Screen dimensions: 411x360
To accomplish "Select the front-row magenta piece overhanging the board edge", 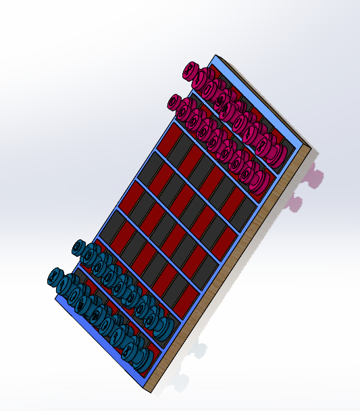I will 177,103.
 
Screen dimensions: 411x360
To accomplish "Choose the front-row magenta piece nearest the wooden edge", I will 259,180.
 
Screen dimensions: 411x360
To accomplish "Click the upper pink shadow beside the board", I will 314,177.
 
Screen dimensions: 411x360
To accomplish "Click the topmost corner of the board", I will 215,55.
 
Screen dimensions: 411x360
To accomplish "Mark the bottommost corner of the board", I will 150,391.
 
